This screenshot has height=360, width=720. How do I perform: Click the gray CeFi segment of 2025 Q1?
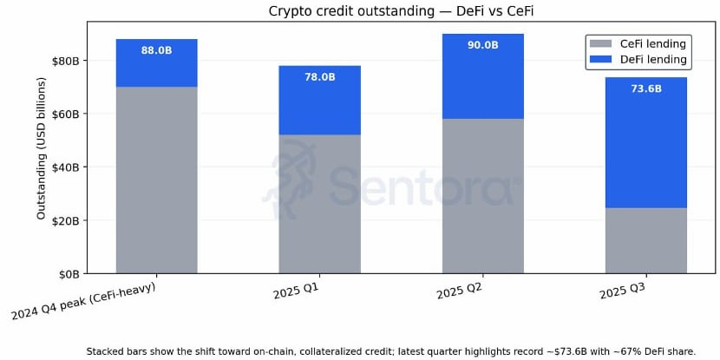(319, 204)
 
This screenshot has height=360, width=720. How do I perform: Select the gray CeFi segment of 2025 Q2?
(482, 196)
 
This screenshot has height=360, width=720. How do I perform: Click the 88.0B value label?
(156, 50)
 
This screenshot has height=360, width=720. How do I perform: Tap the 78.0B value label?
(319, 77)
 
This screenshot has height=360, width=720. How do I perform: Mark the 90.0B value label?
(482, 45)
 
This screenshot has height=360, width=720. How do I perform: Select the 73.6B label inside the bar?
(645, 88)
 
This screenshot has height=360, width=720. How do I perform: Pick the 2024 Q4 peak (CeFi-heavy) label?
(83, 301)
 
